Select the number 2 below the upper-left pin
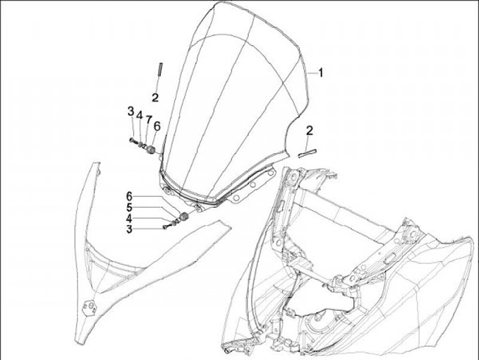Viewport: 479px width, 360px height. click(155, 97)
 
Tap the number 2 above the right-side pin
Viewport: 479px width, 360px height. click(309, 130)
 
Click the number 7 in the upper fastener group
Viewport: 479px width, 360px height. click(148, 118)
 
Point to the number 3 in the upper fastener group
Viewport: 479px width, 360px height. click(131, 110)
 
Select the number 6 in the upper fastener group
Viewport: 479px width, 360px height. click(157, 125)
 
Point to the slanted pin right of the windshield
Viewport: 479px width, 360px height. click(307, 152)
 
